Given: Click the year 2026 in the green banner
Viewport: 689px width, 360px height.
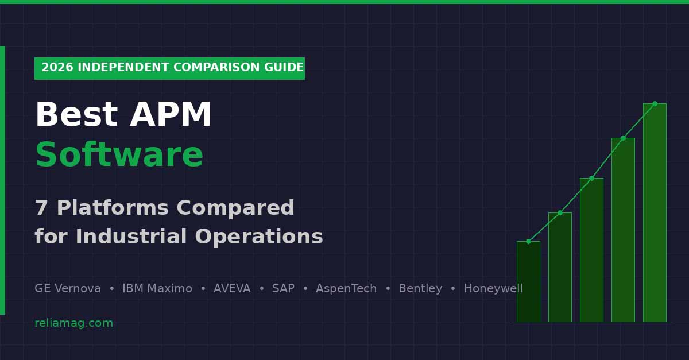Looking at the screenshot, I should (x=57, y=68).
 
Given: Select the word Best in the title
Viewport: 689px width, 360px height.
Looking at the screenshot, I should (x=76, y=115).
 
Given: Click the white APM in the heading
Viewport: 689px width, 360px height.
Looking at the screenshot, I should (x=171, y=115).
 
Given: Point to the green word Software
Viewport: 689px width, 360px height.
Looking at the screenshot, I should (x=119, y=156).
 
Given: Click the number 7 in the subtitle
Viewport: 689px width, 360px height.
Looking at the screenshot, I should (x=41, y=208).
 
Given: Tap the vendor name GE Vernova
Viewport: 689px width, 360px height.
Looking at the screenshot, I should (x=68, y=289).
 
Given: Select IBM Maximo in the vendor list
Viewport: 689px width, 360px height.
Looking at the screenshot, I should (x=157, y=289).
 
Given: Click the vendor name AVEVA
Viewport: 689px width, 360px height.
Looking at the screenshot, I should (x=232, y=289).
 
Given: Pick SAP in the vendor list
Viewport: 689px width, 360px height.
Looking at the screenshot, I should (x=283, y=289).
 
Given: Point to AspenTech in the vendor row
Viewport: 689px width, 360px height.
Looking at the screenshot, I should (x=346, y=289).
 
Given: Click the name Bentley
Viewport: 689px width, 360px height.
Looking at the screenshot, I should (x=420, y=289).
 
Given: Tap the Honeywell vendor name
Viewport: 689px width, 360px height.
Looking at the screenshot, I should (x=493, y=289).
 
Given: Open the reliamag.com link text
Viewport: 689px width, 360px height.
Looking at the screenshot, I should (x=73, y=323).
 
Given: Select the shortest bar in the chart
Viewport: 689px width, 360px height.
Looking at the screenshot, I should (x=528, y=281).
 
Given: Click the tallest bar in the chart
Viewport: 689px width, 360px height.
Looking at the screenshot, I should (x=655, y=212).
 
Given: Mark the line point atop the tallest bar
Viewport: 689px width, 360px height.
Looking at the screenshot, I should (x=655, y=103).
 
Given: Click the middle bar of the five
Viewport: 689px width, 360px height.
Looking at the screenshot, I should (x=591, y=250).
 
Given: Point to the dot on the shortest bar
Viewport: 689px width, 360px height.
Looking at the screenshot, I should (x=528, y=241).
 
